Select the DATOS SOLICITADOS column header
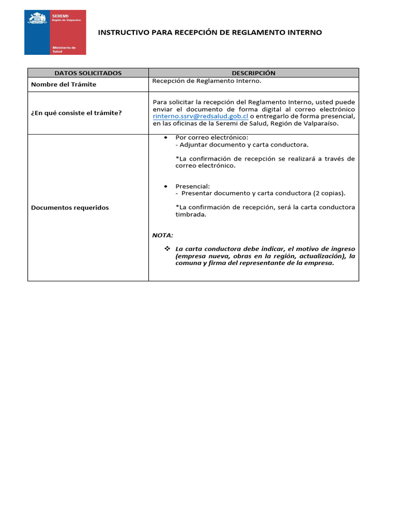click(x=88, y=73)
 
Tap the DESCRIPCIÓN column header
click(x=253, y=73)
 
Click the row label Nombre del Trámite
click(x=64, y=84)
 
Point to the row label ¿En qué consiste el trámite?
click(x=76, y=112)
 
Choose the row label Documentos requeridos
click(x=70, y=208)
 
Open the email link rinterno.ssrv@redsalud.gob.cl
click(x=201, y=116)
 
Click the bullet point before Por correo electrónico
click(x=165, y=138)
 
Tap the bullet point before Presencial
click(x=165, y=186)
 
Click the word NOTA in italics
click(x=162, y=235)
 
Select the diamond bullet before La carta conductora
click(x=167, y=249)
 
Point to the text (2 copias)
click(x=329, y=194)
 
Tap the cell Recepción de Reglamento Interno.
click(x=207, y=81)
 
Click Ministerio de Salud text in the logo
click(x=64, y=49)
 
